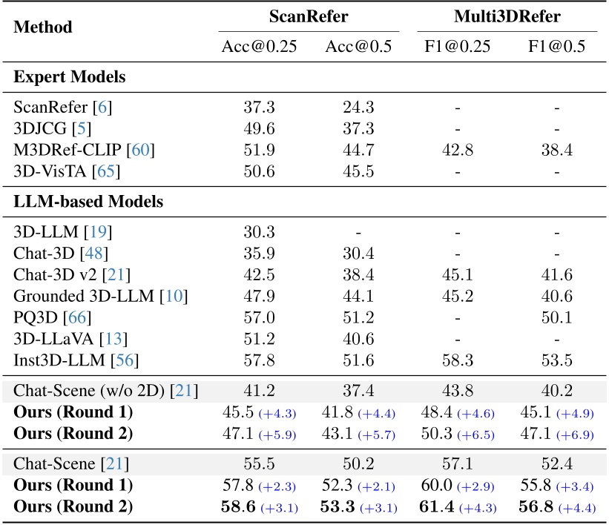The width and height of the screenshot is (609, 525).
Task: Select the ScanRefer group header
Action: point(309,15)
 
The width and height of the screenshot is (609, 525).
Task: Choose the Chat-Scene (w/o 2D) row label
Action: point(105,389)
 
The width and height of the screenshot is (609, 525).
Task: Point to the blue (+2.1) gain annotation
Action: point(379,487)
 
